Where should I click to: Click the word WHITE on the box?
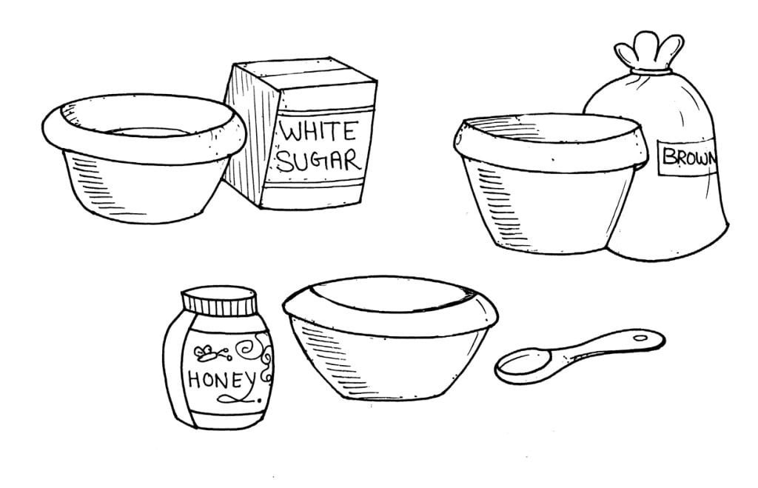pos(316,134)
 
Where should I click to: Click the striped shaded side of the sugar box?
pos(244,141)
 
